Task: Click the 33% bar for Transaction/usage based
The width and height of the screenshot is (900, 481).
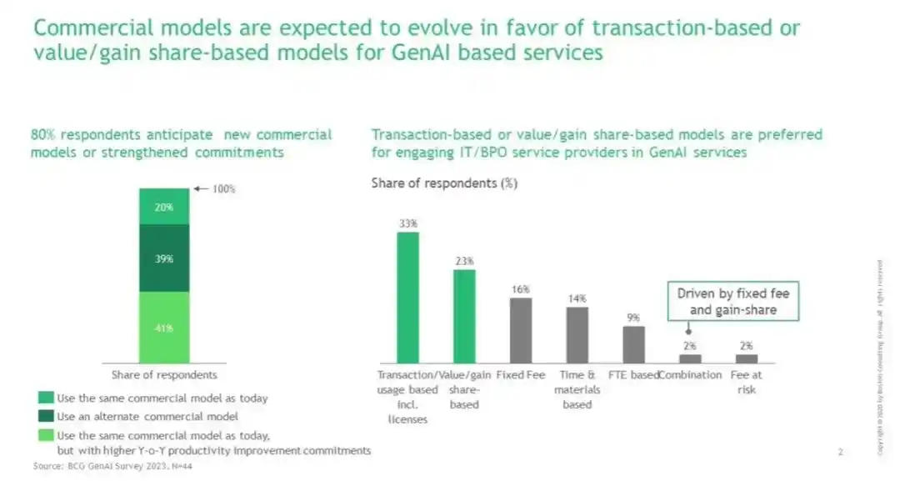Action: (x=407, y=297)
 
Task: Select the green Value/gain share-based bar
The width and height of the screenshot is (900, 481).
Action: (x=464, y=316)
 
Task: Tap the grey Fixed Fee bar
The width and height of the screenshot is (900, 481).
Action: (x=521, y=330)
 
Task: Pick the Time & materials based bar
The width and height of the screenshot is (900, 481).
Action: (x=577, y=334)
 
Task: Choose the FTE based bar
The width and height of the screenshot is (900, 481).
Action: (x=634, y=344)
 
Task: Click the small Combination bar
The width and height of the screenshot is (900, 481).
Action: (x=690, y=358)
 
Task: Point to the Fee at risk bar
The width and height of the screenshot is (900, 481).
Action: (x=747, y=358)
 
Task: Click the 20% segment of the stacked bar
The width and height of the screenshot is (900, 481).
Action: (x=163, y=208)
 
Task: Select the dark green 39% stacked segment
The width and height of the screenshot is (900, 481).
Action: (x=163, y=258)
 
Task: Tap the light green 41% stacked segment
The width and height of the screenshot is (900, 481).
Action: (x=163, y=327)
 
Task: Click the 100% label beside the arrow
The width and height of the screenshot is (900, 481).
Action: (x=223, y=189)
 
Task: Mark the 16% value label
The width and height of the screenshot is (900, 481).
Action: (x=521, y=289)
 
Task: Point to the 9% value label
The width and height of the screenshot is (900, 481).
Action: (x=634, y=318)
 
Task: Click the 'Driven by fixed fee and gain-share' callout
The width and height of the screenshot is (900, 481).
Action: (x=732, y=302)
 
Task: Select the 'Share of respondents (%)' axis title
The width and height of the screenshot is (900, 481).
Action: (x=444, y=183)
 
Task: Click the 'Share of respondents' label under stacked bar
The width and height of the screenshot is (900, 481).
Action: (x=164, y=374)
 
